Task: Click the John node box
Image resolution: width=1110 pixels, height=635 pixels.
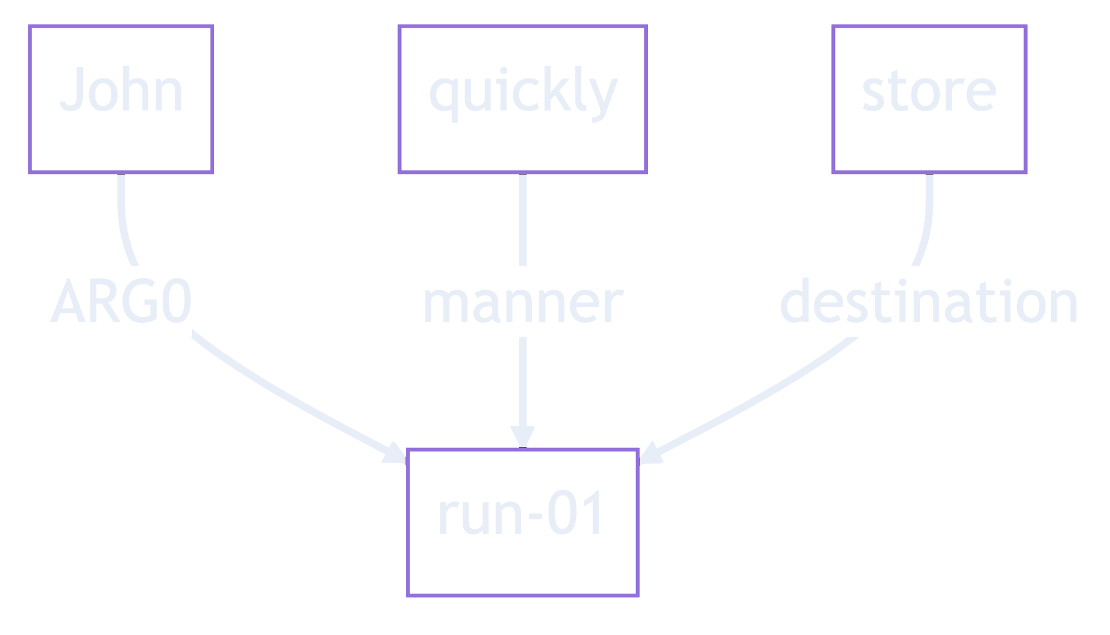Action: pyautogui.click(x=121, y=99)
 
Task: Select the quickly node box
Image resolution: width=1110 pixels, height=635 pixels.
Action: pyautogui.click(x=522, y=99)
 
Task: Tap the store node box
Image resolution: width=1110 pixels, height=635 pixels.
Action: pyautogui.click(x=929, y=99)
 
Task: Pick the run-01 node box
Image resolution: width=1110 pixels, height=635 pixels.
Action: pyautogui.click(x=522, y=523)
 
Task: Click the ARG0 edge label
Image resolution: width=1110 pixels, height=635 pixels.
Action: pyautogui.click(x=121, y=302)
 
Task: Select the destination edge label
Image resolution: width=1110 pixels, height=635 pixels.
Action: pyautogui.click(x=929, y=302)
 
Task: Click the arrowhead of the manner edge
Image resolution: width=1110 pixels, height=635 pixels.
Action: pyautogui.click(x=522, y=437)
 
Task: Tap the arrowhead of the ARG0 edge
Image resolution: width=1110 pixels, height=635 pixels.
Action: pyautogui.click(x=396, y=453)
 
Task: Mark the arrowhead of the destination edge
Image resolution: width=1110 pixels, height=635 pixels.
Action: pyautogui.click(x=650, y=453)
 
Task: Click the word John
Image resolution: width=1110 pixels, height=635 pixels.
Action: pyautogui.click(x=121, y=90)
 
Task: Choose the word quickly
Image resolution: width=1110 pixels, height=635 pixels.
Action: pyautogui.click(x=522, y=94)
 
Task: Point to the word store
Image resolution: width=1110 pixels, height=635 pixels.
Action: pyautogui.click(x=929, y=92)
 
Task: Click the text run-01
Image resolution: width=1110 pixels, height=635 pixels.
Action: pyautogui.click(x=521, y=514)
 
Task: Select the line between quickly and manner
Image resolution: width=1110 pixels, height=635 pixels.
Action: pyautogui.click(x=522, y=220)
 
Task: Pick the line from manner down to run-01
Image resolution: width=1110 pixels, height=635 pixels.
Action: pyautogui.click(x=522, y=383)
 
